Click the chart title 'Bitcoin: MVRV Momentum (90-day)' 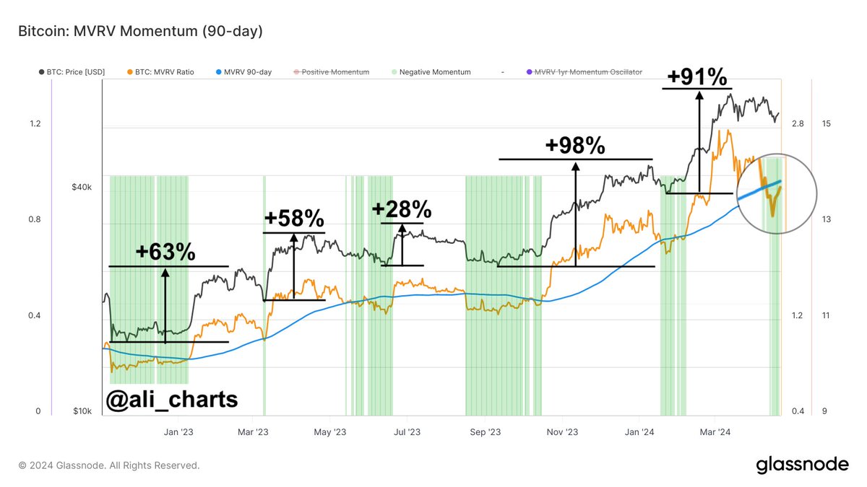(140, 31)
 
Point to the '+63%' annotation (165, 252)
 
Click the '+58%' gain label (294, 219)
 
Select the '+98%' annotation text (575, 145)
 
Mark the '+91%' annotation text (697, 77)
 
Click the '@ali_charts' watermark (171, 398)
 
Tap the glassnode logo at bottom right (802, 465)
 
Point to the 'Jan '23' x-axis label (178, 432)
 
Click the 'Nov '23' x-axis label (562, 432)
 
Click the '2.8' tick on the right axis (798, 124)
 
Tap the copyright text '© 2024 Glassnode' (109, 465)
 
